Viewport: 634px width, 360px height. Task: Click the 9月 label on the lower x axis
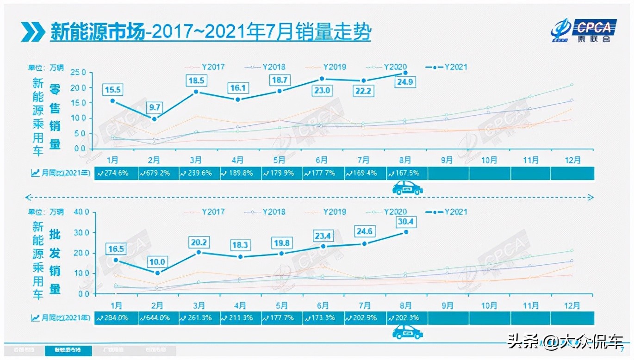pyautogui.click(x=448, y=305)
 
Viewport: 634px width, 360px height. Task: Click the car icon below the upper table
pyautogui.click(x=407, y=187)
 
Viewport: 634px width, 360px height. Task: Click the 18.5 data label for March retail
pyautogui.click(x=196, y=81)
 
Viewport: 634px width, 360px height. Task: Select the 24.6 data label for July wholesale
pyautogui.click(x=365, y=230)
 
